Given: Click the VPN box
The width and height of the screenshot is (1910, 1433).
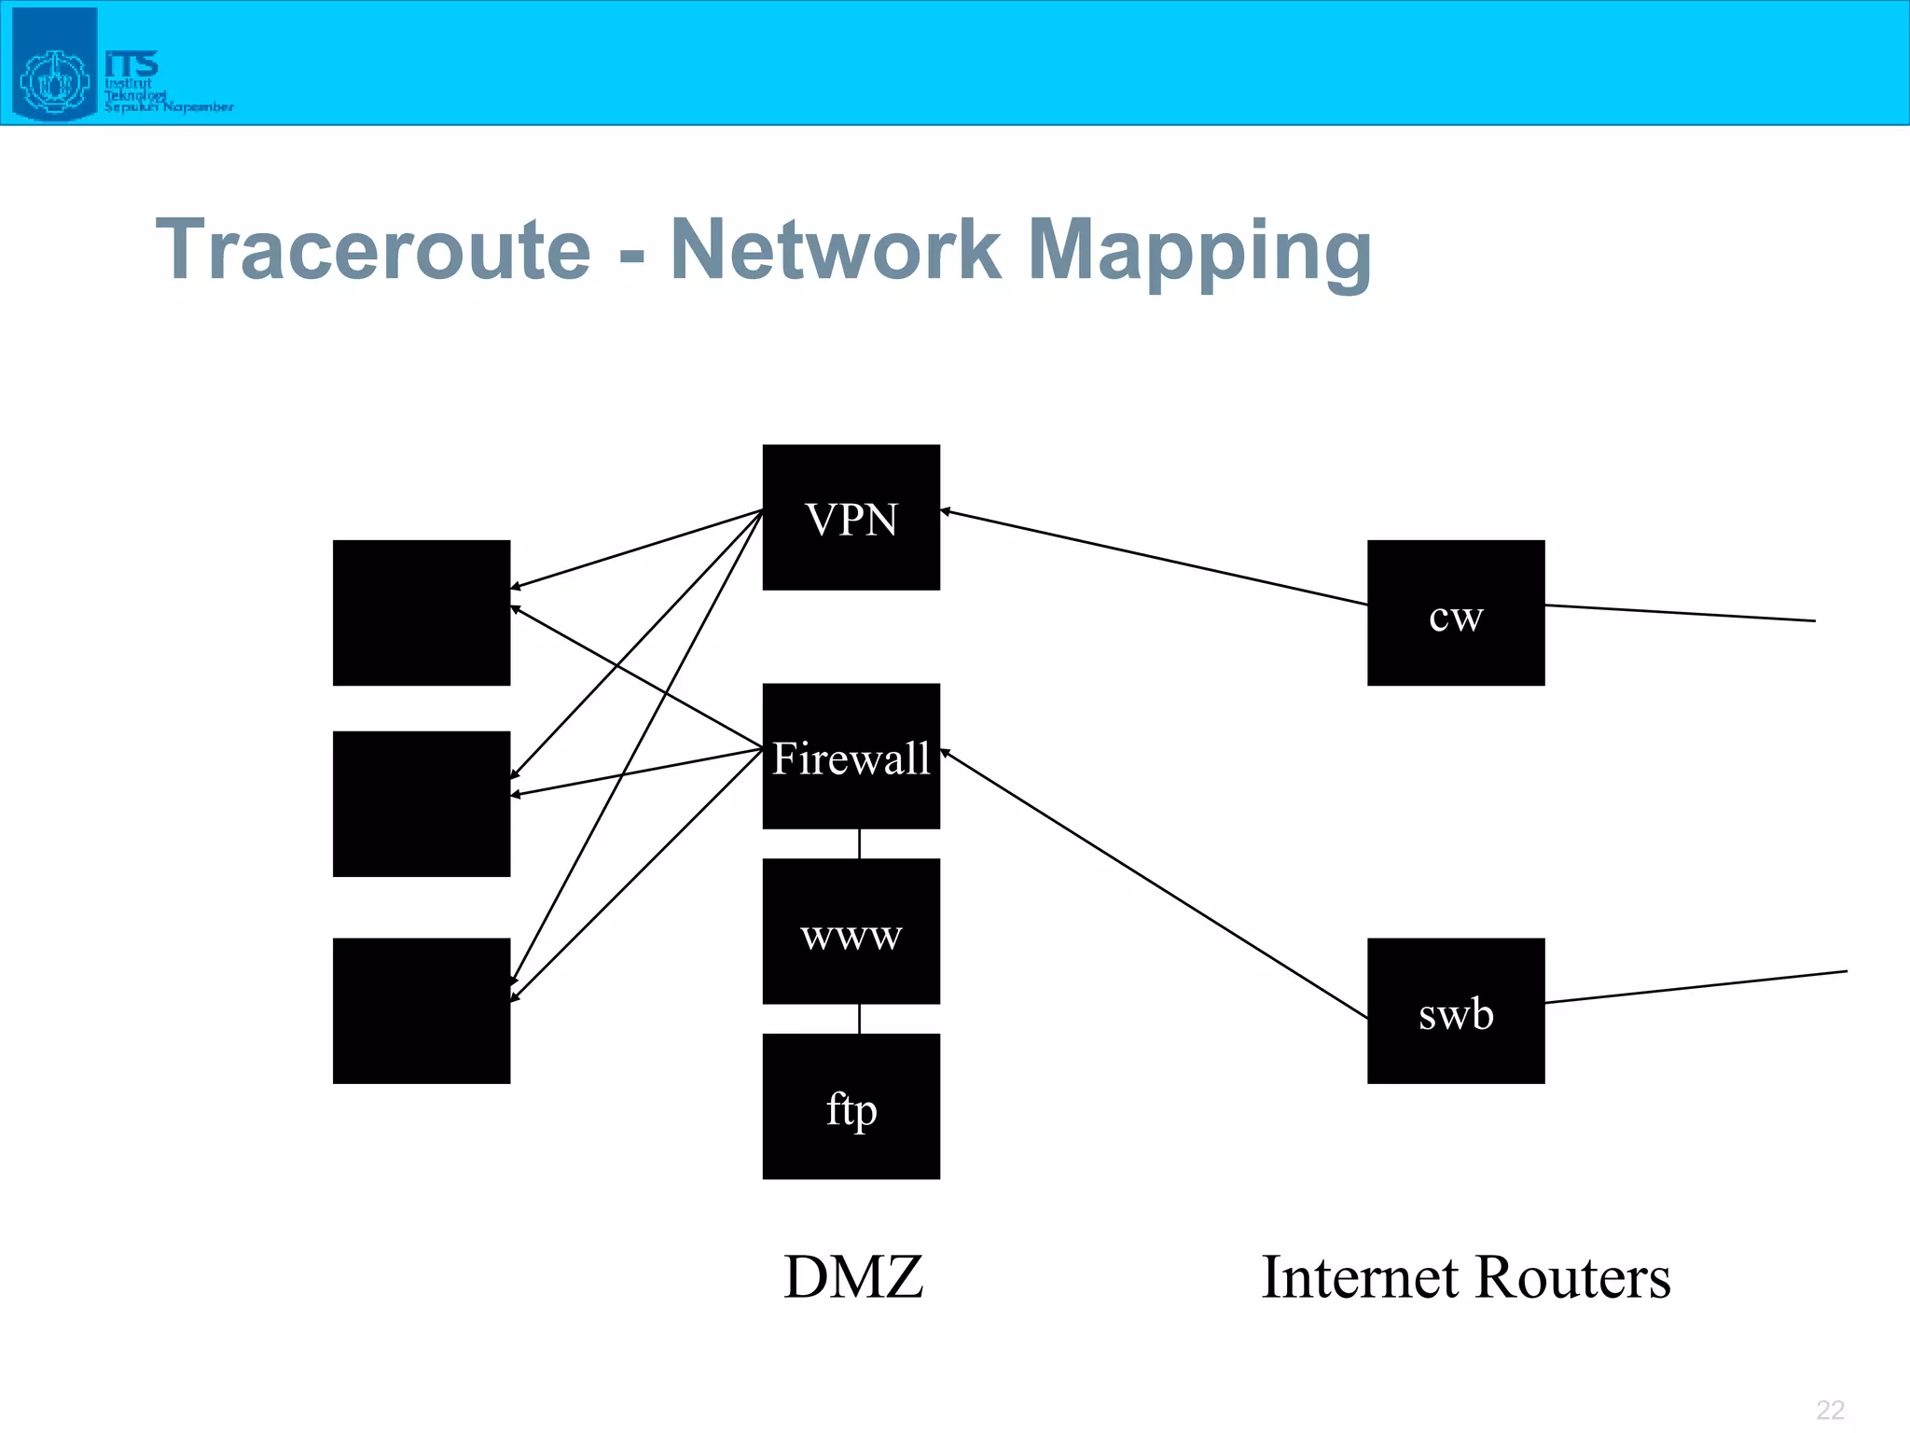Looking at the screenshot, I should click(851, 517).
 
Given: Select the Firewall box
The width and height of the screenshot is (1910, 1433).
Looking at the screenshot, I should click(851, 756).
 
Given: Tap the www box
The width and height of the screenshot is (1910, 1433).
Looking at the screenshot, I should click(851, 931).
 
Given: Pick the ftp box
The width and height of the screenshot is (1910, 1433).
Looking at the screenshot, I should click(851, 1106).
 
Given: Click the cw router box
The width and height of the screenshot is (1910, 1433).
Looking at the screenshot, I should click(1455, 613).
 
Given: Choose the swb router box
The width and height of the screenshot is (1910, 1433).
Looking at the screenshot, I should click(1455, 1010).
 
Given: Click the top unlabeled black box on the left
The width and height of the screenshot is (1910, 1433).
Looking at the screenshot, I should click(422, 613).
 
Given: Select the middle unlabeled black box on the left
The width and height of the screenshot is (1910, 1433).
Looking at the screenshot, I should click(422, 803).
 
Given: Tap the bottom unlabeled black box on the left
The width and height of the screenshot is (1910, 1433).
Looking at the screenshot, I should click(422, 1010).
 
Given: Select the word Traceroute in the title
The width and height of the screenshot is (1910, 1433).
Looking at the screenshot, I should click(373, 249).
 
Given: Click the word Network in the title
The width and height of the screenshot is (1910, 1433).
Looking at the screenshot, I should click(835, 249).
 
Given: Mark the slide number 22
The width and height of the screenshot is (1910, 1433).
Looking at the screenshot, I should click(1830, 1410).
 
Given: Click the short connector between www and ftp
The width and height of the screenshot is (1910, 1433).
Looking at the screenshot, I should click(859, 1019).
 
